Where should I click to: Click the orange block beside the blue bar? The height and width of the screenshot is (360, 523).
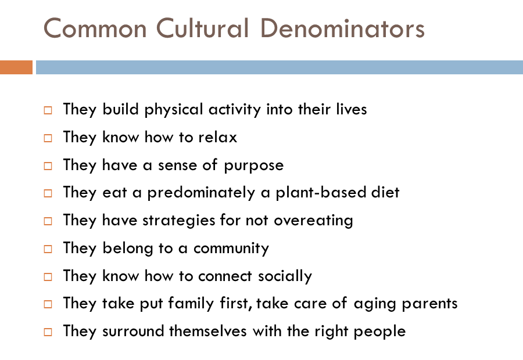(x=16, y=67)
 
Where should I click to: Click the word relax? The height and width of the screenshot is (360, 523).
(x=217, y=138)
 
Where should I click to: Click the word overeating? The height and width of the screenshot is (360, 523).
(x=313, y=221)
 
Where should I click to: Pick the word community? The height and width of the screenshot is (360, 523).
(x=231, y=249)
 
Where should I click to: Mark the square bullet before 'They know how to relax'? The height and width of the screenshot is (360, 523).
(x=49, y=138)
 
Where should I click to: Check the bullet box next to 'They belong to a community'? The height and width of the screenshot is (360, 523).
(x=49, y=249)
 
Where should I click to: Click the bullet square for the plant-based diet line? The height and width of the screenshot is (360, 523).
(x=49, y=193)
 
